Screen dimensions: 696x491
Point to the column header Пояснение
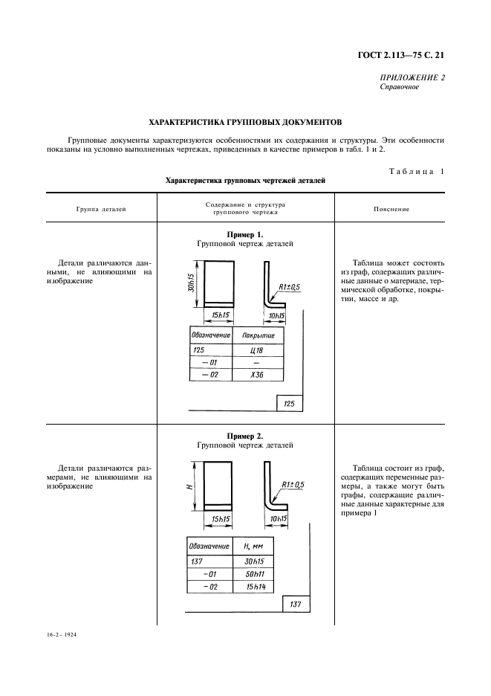391,209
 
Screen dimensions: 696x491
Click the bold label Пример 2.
245,435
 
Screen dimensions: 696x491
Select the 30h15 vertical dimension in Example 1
191,282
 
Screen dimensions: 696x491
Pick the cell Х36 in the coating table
256,375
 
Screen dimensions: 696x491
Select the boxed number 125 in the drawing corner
289,404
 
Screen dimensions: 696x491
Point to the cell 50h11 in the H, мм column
254,574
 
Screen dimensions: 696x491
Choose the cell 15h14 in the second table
254,587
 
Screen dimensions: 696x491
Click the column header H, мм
253,547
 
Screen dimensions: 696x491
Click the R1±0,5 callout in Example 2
292,485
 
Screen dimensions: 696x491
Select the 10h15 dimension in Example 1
277,316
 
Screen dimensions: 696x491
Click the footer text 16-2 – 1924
62,637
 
